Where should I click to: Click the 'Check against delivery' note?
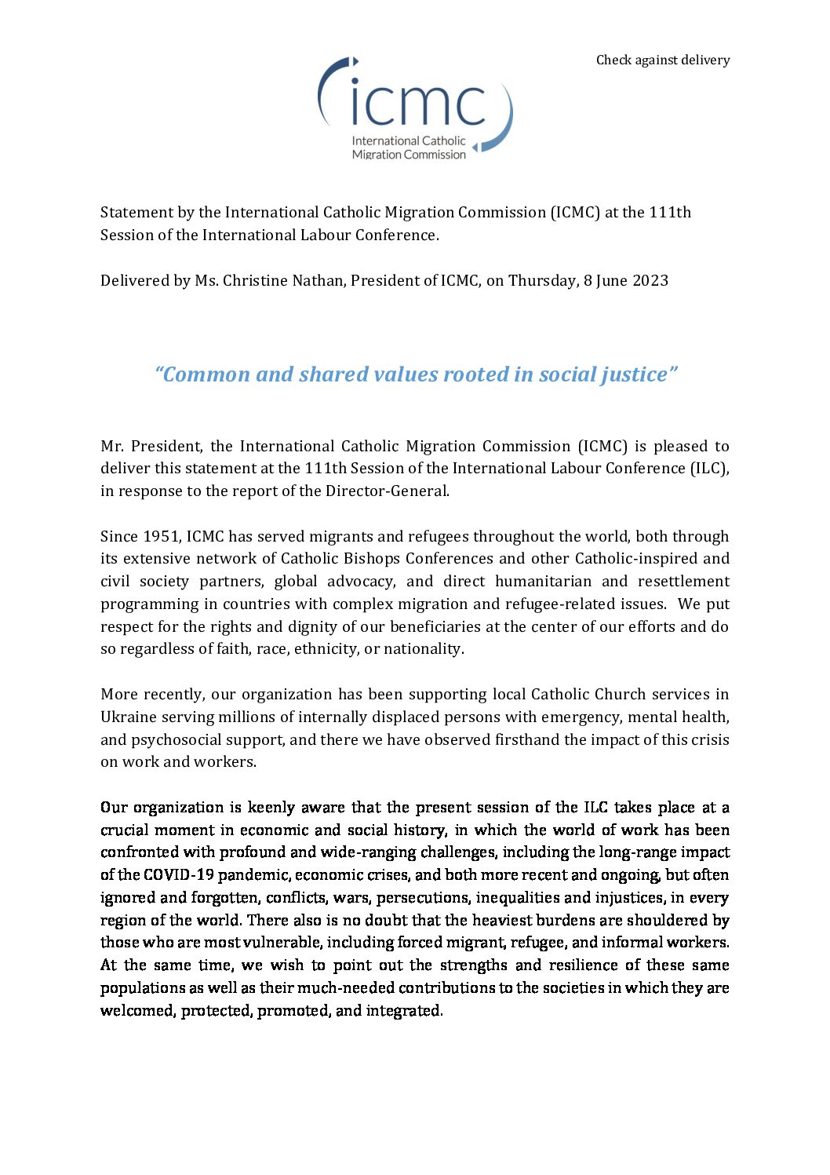tap(662, 60)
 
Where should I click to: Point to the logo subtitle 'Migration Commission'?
tap(409, 155)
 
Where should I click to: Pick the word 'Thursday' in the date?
tap(542, 281)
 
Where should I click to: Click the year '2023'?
tap(650, 281)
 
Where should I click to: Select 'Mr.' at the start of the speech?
tap(111, 447)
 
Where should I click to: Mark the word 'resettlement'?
tap(683, 582)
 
